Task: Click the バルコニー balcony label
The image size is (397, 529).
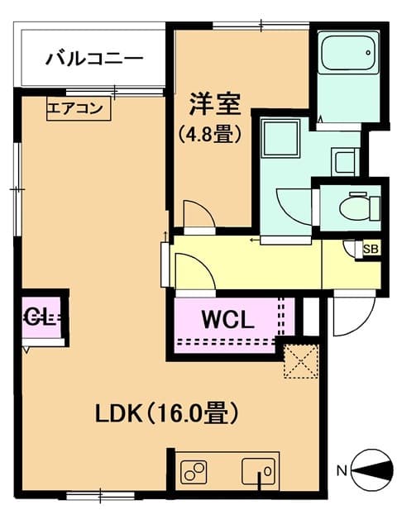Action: (94, 59)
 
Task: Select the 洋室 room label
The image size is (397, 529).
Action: (214, 105)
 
